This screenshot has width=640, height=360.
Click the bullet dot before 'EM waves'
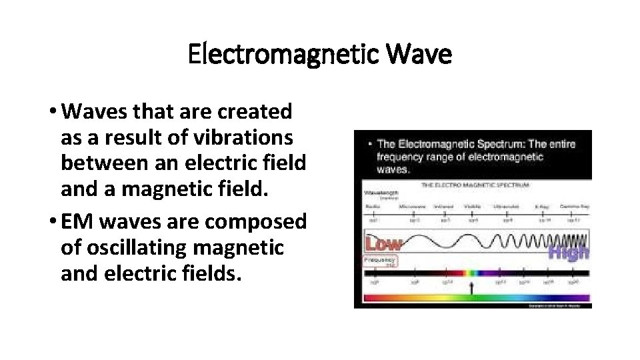click(x=53, y=221)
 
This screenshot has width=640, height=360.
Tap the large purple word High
click(x=568, y=252)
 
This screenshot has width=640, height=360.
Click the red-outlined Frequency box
click(x=379, y=261)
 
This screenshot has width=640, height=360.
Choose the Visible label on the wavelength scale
click(x=471, y=207)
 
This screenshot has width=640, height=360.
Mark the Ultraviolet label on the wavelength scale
click(x=507, y=207)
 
